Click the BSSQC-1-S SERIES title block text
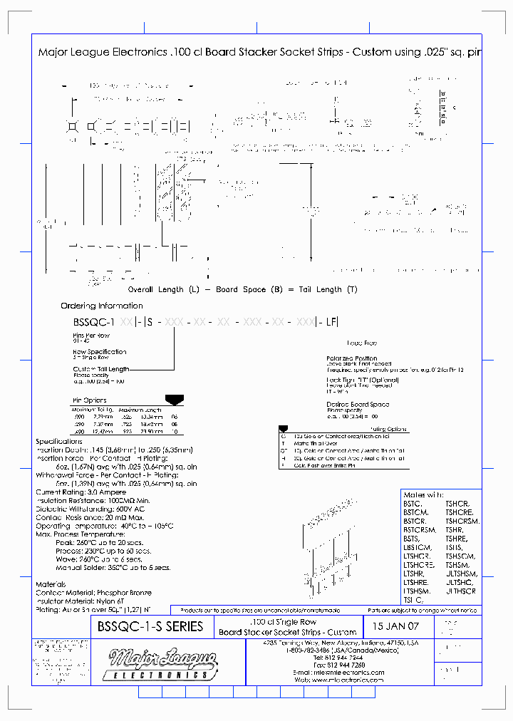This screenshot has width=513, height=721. [150, 627]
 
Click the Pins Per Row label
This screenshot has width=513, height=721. [90, 335]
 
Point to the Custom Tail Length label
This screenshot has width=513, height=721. [100, 369]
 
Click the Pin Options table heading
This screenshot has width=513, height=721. [90, 400]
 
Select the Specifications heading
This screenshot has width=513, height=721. [61, 442]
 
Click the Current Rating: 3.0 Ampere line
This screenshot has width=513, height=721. [81, 492]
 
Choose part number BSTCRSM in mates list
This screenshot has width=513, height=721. [420, 529]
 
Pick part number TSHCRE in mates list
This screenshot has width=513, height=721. [460, 512]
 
